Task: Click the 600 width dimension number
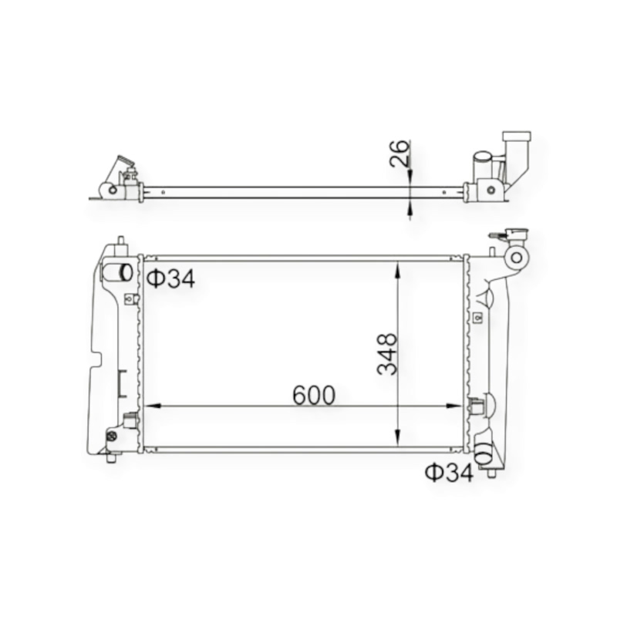[x=314, y=395]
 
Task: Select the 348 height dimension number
[x=388, y=354]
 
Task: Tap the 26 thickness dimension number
[x=400, y=153]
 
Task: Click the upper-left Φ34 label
[x=170, y=278]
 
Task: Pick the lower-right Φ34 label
[x=450, y=472]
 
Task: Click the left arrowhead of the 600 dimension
[x=153, y=406]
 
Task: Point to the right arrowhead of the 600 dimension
[x=454, y=406]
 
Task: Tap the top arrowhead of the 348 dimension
[x=398, y=269]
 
